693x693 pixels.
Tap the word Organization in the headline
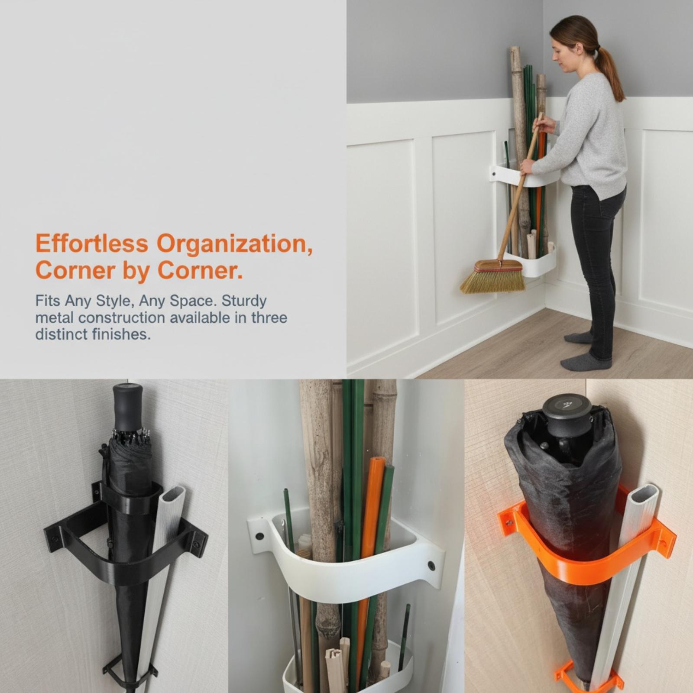234,244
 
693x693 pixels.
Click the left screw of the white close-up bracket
259,536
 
